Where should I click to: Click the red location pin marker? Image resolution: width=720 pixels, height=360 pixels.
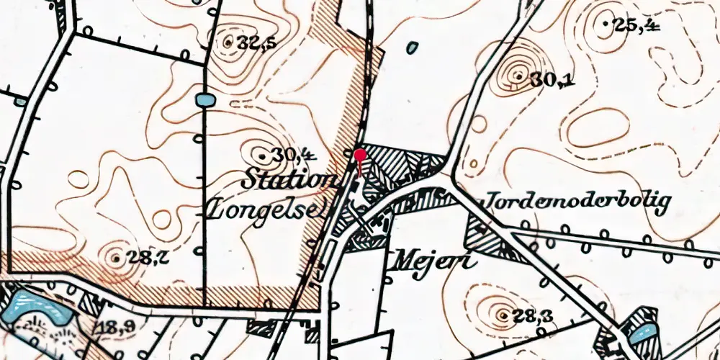(359, 155)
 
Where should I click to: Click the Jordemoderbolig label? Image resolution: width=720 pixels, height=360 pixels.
(579, 203)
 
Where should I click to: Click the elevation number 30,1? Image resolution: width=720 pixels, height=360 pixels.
(553, 81)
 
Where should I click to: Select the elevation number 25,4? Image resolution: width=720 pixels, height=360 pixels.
(636, 25)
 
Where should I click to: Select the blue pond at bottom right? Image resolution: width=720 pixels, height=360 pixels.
(642, 333)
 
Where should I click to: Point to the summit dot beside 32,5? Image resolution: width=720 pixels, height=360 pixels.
(228, 42)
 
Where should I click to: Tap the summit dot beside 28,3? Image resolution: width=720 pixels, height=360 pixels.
(502, 314)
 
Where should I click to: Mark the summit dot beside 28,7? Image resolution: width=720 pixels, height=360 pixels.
(117, 256)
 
